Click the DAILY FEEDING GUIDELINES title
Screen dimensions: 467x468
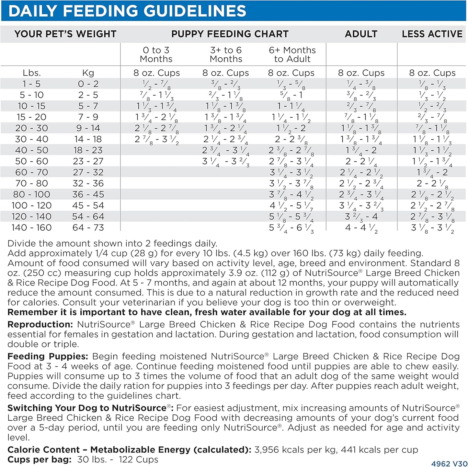pyautogui.click(x=127, y=11)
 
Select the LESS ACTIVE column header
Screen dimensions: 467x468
pyautogui.click(x=432, y=34)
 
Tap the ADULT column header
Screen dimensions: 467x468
pyautogui.click(x=361, y=34)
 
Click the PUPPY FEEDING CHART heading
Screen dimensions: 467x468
pyautogui.click(x=230, y=34)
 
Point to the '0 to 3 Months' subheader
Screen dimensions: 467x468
pyautogui.click(x=156, y=54)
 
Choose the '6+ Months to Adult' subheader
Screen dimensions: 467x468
pyautogui.click(x=292, y=54)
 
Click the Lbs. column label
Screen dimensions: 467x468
pyautogui.click(x=32, y=73)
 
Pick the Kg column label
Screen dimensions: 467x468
pyautogui.click(x=88, y=73)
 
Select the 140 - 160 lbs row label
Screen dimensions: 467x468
pyautogui.click(x=31, y=228)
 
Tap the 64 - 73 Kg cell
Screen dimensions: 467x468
pyautogui.click(x=88, y=228)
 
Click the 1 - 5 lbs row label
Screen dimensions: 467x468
pyautogui.click(x=31, y=84)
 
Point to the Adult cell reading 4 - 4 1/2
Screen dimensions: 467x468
pyautogui.click(x=361, y=228)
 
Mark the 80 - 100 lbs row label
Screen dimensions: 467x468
pyautogui.click(x=31, y=194)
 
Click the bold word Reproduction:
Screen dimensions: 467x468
pyautogui.click(x=40, y=324)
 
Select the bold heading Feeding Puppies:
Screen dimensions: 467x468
pyautogui.click(x=48, y=356)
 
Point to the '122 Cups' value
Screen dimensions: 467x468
pyautogui.click(x=138, y=460)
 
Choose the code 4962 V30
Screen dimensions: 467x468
pyautogui.click(x=449, y=464)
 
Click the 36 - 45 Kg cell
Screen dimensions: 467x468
pyautogui.click(x=88, y=194)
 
